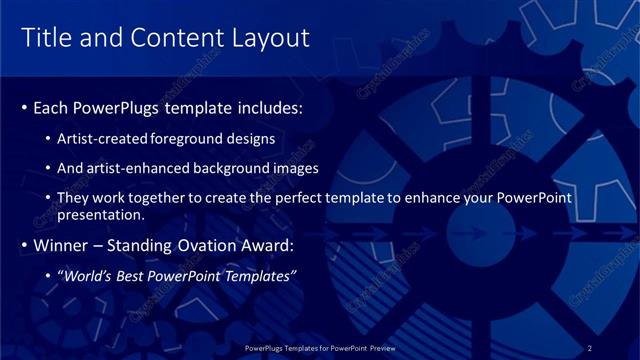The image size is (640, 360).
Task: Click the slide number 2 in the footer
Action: click(590, 347)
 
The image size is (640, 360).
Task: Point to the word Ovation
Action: click(203, 245)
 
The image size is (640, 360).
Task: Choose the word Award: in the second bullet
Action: click(268, 245)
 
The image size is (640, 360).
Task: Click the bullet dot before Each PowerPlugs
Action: click(25, 107)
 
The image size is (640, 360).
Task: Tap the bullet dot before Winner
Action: click(25, 245)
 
